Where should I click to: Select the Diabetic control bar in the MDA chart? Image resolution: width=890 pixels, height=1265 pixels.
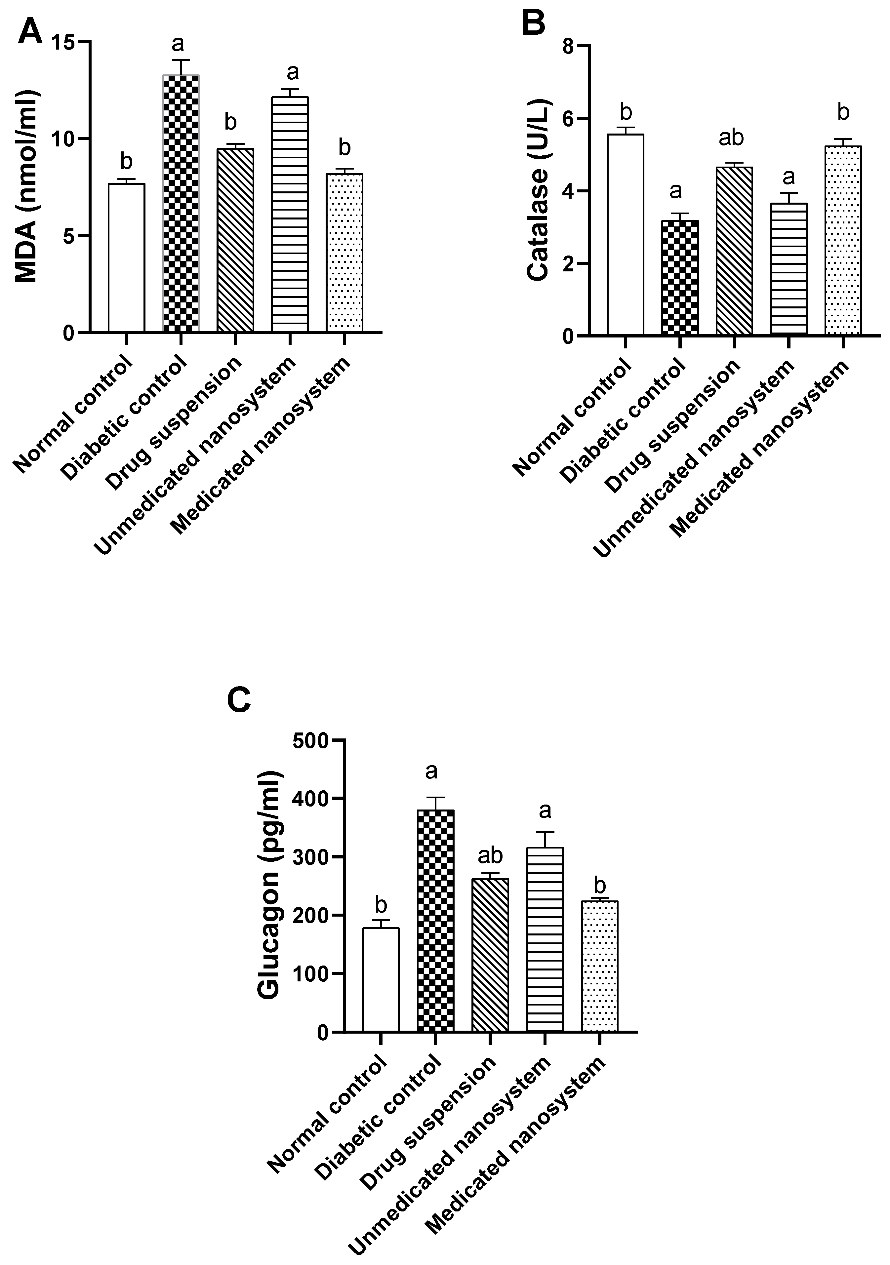[181, 204]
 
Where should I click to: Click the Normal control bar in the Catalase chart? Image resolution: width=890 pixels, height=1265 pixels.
[626, 234]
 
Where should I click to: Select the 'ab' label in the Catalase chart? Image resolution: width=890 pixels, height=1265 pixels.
[732, 138]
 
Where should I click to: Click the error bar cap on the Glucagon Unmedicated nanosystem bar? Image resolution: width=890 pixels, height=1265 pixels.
[545, 832]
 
